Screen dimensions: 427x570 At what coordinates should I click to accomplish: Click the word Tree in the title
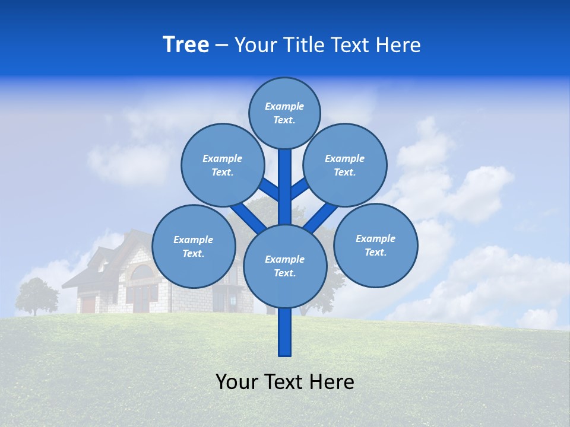point(186,45)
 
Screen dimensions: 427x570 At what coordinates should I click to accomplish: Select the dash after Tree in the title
point(221,46)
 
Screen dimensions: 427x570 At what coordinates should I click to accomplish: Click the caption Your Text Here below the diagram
point(285,382)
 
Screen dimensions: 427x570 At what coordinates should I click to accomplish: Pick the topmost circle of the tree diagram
point(284,113)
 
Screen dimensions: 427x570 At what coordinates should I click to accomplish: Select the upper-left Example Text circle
point(222,165)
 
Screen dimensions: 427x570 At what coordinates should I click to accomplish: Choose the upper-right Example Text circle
point(345,165)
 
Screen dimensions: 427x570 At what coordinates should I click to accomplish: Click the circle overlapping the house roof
point(194,246)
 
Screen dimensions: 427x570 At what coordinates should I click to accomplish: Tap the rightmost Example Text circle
point(375,245)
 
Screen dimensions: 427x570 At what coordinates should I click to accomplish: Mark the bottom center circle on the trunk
point(285,266)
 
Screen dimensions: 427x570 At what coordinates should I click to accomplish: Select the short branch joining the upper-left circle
point(269,189)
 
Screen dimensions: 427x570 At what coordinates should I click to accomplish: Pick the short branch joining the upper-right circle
point(300,189)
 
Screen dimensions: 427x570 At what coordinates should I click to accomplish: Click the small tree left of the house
point(36,295)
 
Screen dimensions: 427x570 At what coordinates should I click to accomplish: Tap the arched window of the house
point(141,272)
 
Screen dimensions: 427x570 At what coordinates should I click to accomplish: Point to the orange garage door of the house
point(88,305)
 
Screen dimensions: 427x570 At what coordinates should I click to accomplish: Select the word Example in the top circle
point(284,106)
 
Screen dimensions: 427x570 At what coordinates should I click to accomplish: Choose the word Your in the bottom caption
point(237,382)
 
